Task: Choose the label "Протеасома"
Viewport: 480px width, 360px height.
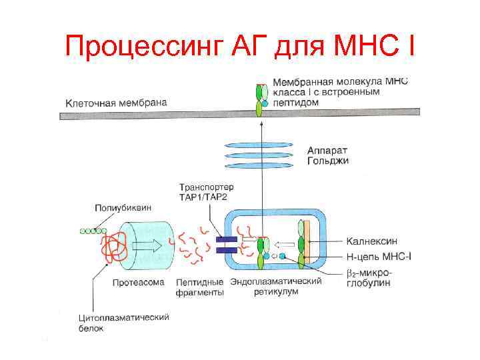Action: [x=139, y=282]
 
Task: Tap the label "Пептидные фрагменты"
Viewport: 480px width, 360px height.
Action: [x=199, y=287]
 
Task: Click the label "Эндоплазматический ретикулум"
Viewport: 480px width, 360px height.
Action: [x=275, y=287]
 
